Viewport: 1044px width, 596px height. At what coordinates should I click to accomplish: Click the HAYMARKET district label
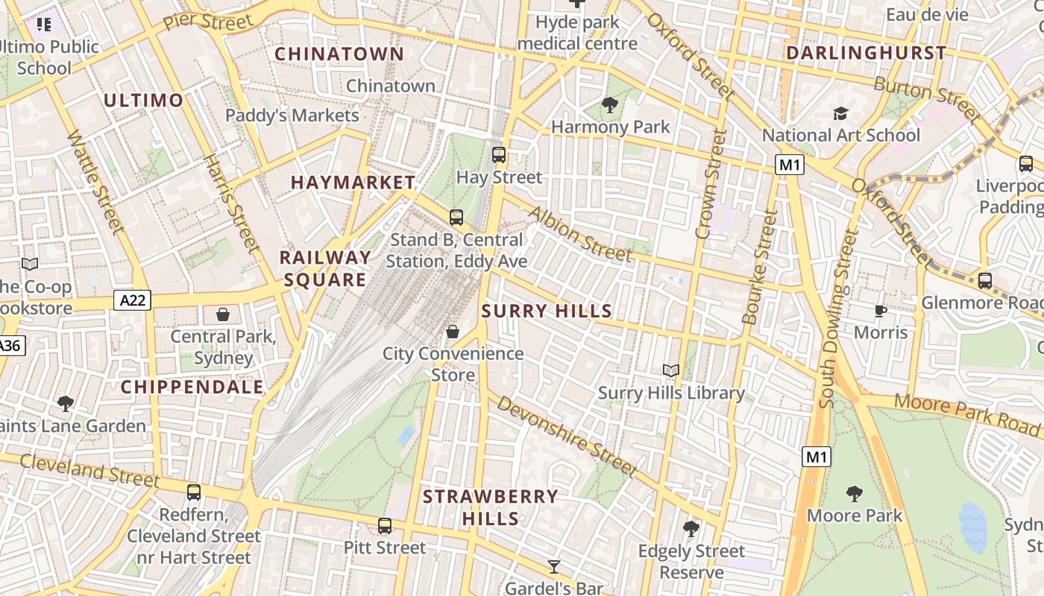[353, 183]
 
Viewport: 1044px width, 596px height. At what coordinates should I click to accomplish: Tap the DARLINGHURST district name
[866, 53]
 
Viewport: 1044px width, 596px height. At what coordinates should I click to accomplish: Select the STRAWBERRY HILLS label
[490, 507]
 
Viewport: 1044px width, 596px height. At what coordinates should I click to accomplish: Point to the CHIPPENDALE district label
[192, 387]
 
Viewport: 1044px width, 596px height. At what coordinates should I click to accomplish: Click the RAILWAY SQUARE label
[325, 268]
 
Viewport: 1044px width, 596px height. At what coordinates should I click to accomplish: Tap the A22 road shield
[133, 300]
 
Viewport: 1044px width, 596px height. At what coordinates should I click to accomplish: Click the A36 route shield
[9, 346]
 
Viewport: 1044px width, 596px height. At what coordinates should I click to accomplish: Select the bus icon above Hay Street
[499, 155]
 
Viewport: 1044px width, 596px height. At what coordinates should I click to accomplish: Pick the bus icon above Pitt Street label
[385, 526]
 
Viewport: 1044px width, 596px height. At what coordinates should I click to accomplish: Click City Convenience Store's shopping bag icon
[453, 332]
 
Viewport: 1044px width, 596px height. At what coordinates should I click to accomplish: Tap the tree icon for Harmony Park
[610, 105]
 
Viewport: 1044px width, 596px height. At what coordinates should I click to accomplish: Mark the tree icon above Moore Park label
[855, 493]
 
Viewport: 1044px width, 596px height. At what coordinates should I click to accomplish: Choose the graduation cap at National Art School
[841, 114]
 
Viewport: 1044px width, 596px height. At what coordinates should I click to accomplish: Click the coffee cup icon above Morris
[881, 311]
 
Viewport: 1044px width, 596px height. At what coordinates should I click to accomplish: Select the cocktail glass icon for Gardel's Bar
[553, 567]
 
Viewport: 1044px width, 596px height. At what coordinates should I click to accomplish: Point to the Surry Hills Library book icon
[671, 370]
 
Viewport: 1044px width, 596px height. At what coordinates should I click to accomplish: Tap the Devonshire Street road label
[567, 436]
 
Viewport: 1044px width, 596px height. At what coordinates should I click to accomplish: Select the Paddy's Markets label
[292, 115]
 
